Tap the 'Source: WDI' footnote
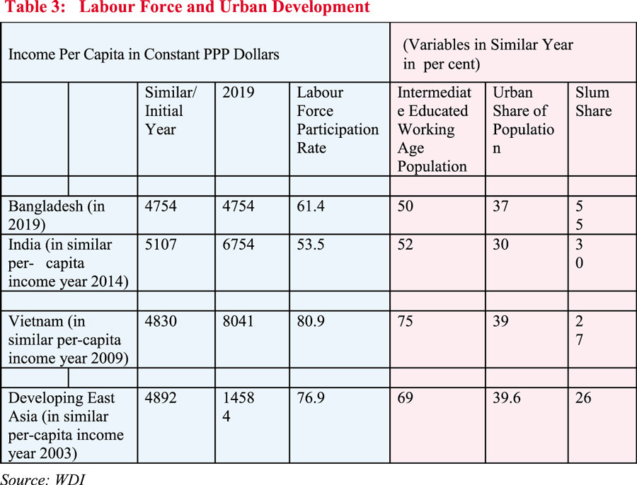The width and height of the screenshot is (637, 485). (43, 478)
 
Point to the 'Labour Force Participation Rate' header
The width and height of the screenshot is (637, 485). (338, 120)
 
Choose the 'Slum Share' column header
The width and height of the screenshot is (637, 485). (593, 102)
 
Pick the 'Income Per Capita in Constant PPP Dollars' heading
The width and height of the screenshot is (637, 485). (144, 54)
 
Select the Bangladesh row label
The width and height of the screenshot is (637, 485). (57, 215)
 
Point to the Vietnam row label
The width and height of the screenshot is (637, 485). (68, 339)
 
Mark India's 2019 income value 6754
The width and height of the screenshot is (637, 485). (237, 245)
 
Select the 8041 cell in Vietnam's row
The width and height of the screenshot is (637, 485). (237, 320)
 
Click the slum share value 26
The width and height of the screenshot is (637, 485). (584, 398)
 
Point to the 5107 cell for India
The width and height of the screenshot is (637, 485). (161, 245)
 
